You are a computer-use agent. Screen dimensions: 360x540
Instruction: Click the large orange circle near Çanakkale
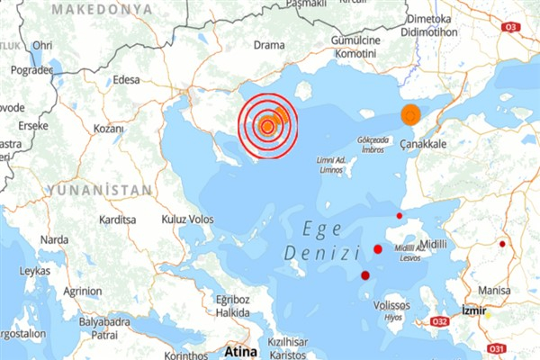pyautogui.click(x=410, y=115)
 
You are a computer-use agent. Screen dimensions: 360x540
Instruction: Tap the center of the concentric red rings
pyautogui.click(x=266, y=126)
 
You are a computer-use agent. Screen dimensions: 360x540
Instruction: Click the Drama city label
pyautogui.click(x=268, y=44)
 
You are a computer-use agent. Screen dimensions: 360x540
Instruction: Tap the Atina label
pyautogui.click(x=240, y=350)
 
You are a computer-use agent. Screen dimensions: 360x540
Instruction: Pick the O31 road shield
pyautogui.click(x=494, y=347)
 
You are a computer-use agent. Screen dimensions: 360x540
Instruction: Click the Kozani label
pyautogui.click(x=108, y=129)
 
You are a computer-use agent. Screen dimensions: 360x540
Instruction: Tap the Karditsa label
pyautogui.click(x=118, y=220)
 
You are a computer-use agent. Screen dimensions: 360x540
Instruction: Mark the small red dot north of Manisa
pyautogui.click(x=503, y=244)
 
